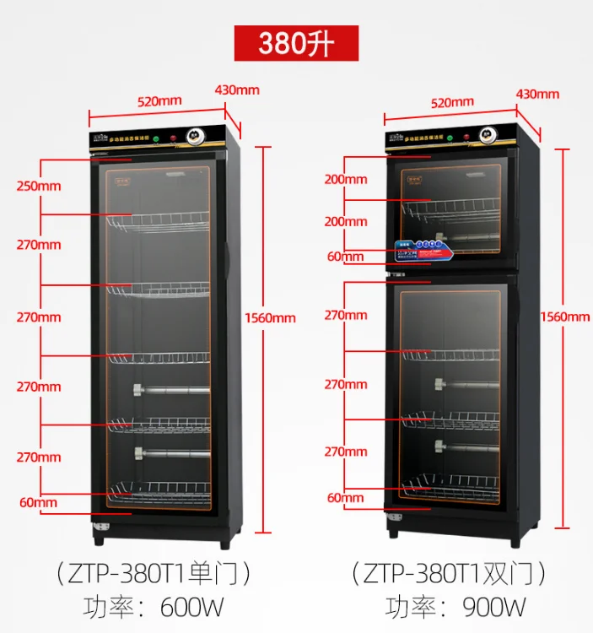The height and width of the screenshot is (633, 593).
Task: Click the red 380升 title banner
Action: (x=296, y=43)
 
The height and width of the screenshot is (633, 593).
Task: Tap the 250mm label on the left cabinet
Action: (x=38, y=186)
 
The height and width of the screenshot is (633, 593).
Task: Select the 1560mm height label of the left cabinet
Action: (x=270, y=318)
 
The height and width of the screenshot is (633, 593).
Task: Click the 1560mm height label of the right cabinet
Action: (x=565, y=316)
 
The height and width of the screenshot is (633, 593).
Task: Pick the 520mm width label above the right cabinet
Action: (x=452, y=103)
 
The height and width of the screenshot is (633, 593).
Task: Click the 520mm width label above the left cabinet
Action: (x=159, y=101)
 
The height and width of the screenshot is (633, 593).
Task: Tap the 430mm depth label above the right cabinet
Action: (x=537, y=94)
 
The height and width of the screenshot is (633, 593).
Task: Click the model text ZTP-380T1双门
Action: (x=450, y=575)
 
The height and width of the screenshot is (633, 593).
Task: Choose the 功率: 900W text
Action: (x=456, y=607)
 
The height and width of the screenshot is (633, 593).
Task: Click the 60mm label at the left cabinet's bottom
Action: (x=38, y=503)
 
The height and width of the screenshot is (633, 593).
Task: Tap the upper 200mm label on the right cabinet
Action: (x=346, y=179)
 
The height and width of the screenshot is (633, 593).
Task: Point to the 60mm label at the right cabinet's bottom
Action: (x=345, y=498)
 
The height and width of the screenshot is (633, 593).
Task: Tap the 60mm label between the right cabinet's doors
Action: (x=345, y=257)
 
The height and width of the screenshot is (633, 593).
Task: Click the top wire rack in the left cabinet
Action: (x=158, y=222)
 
